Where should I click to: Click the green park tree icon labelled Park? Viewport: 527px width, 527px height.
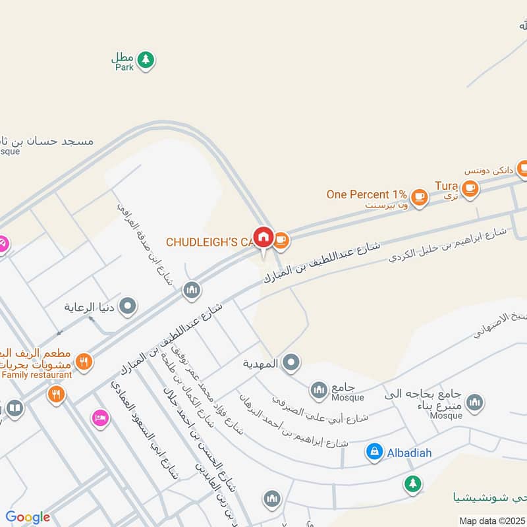(x=146, y=60)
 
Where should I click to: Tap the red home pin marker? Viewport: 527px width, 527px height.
(x=263, y=237)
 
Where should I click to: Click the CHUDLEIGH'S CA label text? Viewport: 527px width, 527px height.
(x=209, y=242)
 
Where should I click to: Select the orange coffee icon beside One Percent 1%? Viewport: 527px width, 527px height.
(x=419, y=196)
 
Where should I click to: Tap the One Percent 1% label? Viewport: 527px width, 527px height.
(x=366, y=195)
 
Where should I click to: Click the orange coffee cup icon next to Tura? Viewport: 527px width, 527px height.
(x=469, y=188)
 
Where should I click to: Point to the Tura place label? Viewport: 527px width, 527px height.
(x=446, y=186)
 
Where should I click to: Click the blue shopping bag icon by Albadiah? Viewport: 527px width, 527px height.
(x=374, y=451)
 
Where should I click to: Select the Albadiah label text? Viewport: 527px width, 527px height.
(x=407, y=452)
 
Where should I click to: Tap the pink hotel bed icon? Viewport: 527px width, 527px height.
(x=99, y=418)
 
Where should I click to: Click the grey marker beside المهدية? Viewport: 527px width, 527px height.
(x=291, y=362)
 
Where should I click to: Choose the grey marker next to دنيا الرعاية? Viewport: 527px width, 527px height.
(x=128, y=306)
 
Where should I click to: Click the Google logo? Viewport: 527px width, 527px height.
(x=28, y=517)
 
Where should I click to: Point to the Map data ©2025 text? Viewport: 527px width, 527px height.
(x=493, y=520)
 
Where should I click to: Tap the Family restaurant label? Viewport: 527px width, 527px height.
(x=36, y=375)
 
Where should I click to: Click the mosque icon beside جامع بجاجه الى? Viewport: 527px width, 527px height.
(x=474, y=402)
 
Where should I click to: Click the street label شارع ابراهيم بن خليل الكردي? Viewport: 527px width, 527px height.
(x=448, y=244)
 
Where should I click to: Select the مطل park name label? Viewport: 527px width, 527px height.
(x=123, y=57)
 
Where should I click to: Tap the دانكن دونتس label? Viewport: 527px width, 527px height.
(x=488, y=171)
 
